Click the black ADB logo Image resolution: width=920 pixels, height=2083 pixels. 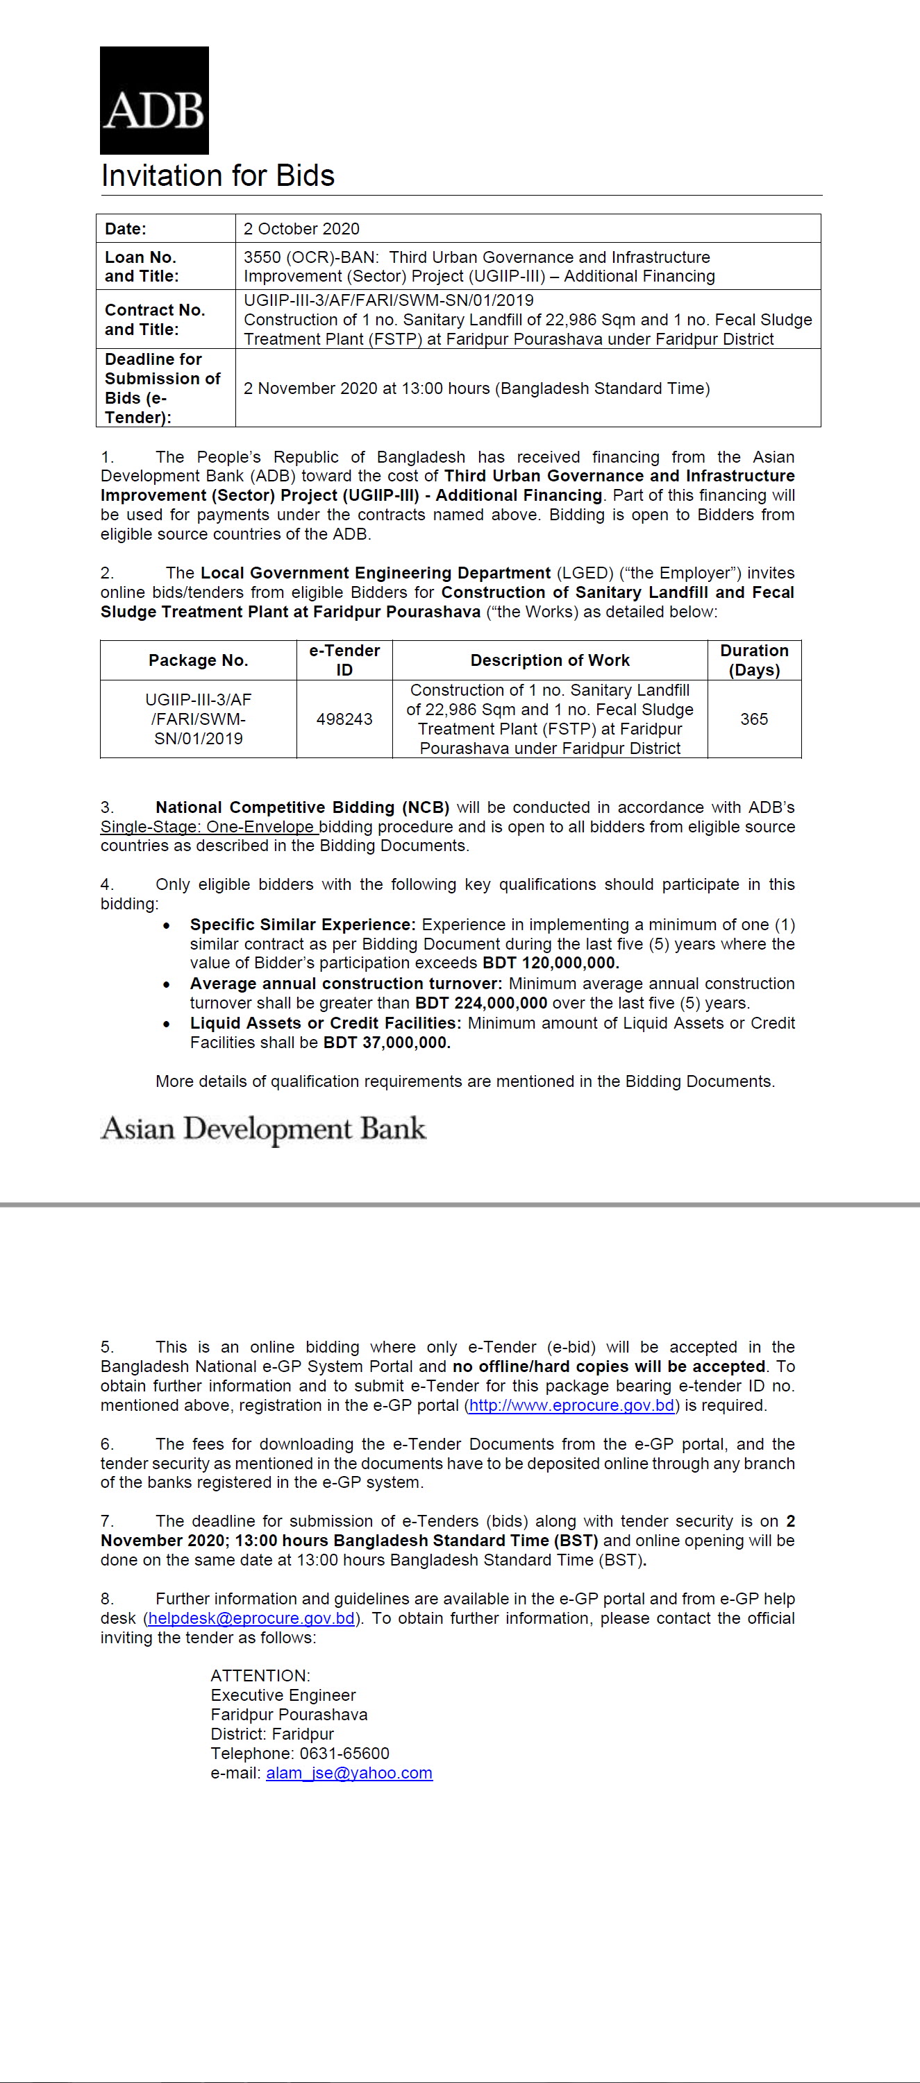[153, 101]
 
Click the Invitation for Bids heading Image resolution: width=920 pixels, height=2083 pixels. [217, 175]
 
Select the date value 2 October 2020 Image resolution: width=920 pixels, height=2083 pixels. [301, 229]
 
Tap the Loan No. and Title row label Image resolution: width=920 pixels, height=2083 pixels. [142, 266]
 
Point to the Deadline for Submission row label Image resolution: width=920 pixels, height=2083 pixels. [162, 388]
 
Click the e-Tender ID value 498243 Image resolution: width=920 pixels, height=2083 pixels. [344, 719]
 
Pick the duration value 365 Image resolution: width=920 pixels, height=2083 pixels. [753, 719]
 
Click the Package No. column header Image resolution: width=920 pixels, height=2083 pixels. [199, 660]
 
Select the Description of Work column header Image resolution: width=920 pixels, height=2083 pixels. [549, 660]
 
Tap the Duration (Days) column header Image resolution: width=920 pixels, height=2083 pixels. [754, 660]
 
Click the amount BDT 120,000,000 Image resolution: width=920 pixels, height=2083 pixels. [550, 963]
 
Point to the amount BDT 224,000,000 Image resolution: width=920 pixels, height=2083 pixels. [481, 1003]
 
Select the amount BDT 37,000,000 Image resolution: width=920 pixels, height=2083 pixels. [387, 1043]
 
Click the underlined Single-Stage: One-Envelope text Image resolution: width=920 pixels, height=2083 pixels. [207, 826]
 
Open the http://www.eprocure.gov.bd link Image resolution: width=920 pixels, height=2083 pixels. [571, 1405]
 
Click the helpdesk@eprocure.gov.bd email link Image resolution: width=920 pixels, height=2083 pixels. [251, 1618]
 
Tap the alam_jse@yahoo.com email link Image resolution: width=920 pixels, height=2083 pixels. [349, 1774]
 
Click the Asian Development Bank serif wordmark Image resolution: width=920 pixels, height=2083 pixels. [263, 1129]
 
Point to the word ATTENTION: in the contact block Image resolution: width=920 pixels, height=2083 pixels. [260, 1675]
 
